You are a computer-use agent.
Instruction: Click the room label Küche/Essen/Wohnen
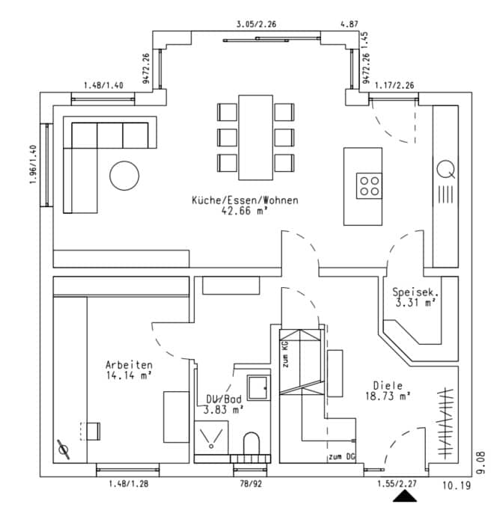pos(245,200)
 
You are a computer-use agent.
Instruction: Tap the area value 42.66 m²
pos(245,211)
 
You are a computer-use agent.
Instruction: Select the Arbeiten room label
pos(129,365)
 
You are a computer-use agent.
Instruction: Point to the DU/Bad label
pos(224,399)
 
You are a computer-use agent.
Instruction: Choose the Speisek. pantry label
pos(414,292)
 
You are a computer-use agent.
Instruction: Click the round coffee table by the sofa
pos(124,176)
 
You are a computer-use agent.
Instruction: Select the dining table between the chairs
pos(256,137)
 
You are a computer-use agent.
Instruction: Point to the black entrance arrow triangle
pos(407,496)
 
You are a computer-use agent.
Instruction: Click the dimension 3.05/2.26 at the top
pos(256,24)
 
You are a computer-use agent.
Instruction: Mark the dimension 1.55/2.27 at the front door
pos(397,484)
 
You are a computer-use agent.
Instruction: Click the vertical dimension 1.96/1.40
pos(34,166)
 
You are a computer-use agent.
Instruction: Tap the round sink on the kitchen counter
pos(447,168)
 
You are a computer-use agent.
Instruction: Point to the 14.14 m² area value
pos(129,376)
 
